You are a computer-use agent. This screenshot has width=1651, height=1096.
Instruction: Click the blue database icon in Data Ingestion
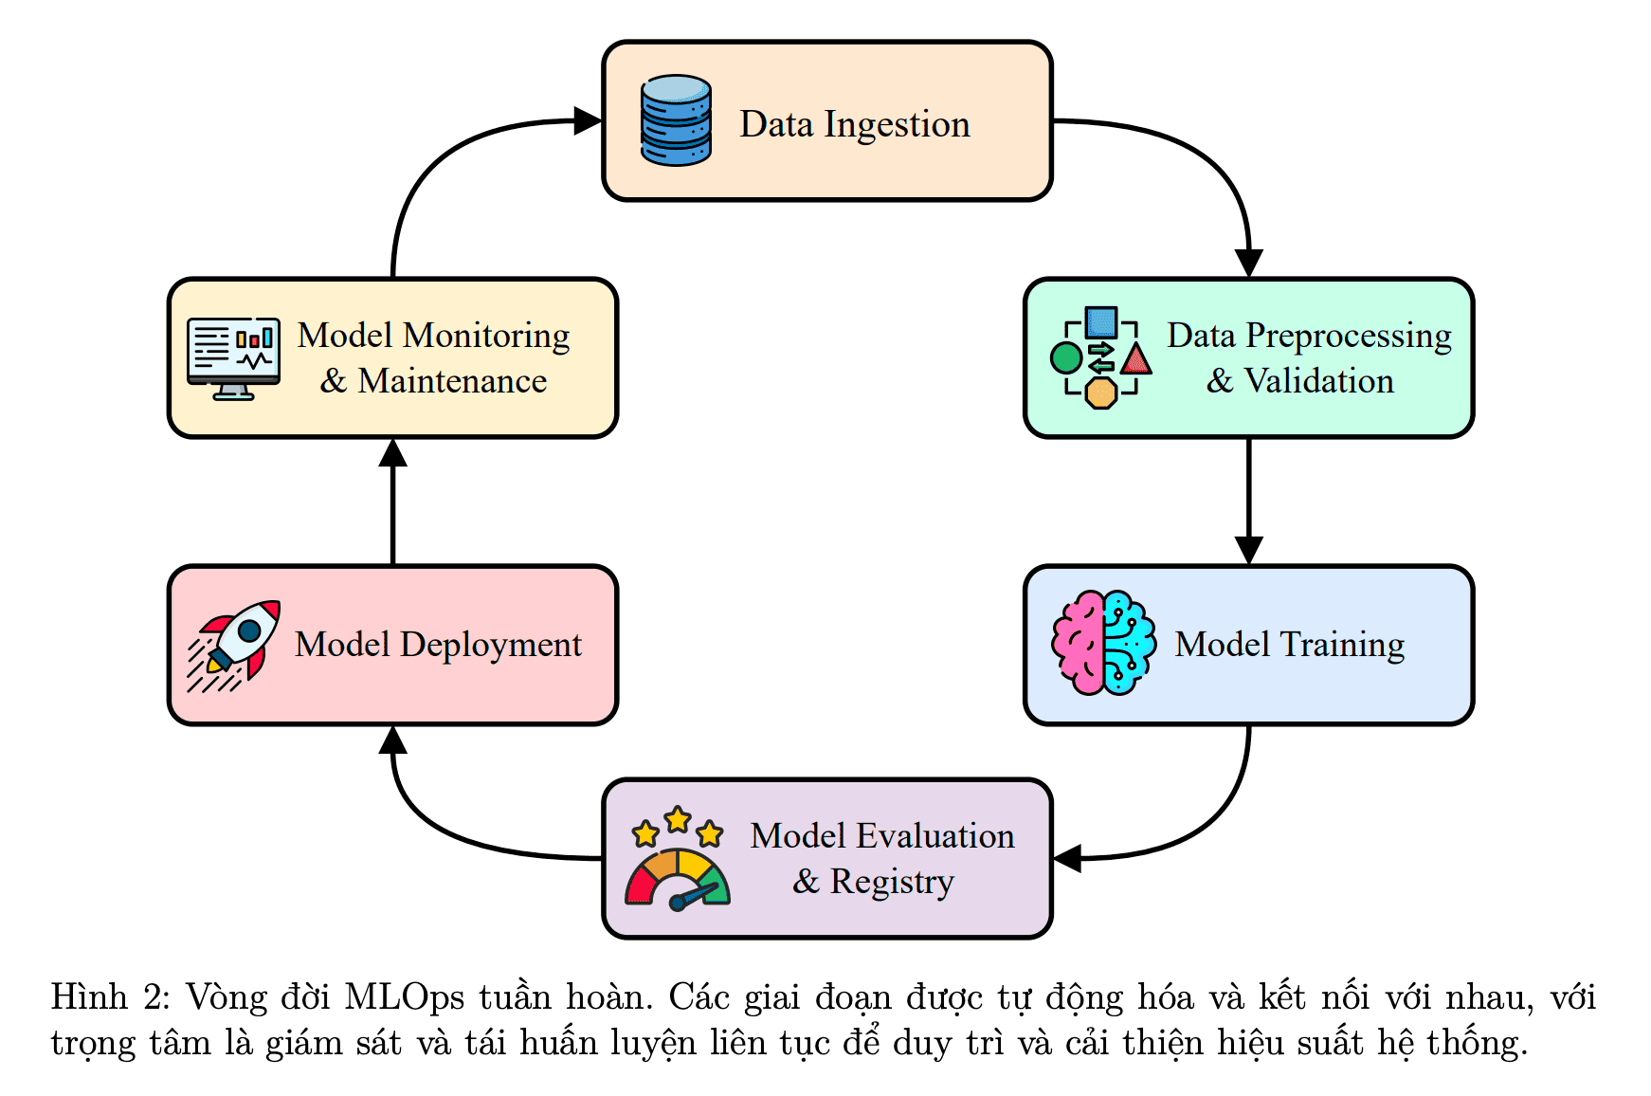[676, 120]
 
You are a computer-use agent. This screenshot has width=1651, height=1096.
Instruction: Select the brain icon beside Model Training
[1103, 644]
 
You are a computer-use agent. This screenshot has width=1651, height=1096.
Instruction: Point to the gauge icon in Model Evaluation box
[677, 860]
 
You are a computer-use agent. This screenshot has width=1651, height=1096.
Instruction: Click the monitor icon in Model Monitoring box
[233, 358]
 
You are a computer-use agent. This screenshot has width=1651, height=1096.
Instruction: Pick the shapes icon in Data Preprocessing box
[1101, 357]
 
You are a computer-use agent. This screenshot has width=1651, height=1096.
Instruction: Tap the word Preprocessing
[1348, 337]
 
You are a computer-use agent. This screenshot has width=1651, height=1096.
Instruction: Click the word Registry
[892, 882]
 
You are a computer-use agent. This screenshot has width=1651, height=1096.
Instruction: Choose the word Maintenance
[452, 381]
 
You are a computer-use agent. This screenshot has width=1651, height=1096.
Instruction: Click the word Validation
[1318, 381]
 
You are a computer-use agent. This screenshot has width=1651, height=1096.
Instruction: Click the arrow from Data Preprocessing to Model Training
[1249, 501]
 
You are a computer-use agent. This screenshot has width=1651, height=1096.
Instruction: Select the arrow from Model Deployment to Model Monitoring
[392, 502]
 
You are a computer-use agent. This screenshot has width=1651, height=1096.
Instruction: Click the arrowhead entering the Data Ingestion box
[589, 121]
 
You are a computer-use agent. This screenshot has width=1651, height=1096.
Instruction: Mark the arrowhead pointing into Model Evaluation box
[1068, 859]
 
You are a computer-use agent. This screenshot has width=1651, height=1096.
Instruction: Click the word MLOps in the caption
[405, 997]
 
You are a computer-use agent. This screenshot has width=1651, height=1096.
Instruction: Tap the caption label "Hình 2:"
[110, 997]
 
